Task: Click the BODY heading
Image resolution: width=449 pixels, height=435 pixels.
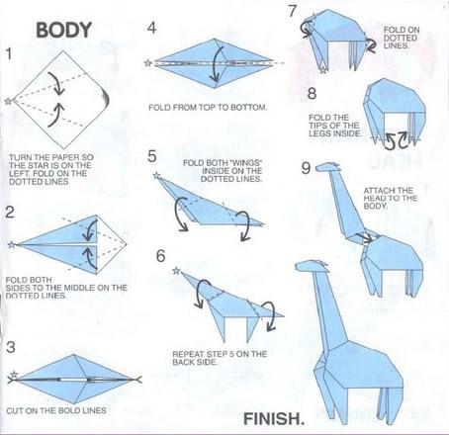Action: pos(63,30)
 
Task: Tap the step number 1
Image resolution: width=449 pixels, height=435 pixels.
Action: pos(9,53)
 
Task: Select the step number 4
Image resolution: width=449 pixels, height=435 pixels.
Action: pos(151,28)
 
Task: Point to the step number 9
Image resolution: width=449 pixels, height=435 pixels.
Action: pos(306,168)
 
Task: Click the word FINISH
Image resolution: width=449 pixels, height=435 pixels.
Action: pos(274,418)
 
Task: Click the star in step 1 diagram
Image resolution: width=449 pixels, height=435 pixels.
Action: pos(8,101)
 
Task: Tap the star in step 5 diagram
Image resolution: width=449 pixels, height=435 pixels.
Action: pos(157,176)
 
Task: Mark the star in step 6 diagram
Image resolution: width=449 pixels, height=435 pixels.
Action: pos(177,271)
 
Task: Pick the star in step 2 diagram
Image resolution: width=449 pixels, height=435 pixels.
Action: pos(12,244)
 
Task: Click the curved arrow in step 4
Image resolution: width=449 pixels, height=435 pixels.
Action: pos(215,63)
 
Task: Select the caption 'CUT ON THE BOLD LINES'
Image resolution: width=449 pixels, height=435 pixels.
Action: pos(56,410)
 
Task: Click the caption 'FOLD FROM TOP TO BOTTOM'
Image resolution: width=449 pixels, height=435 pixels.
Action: pos(208,108)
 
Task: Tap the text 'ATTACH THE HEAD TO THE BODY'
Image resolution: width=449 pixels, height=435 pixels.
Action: pos(391,198)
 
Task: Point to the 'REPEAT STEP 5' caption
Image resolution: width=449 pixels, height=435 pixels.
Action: pos(220,358)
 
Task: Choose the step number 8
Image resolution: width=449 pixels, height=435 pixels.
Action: pos(312,93)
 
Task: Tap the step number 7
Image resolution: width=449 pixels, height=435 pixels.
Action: pos(293,11)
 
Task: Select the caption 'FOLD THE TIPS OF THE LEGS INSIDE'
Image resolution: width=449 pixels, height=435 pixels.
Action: pos(335,126)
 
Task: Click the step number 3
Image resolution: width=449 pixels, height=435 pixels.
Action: pos(11,347)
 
